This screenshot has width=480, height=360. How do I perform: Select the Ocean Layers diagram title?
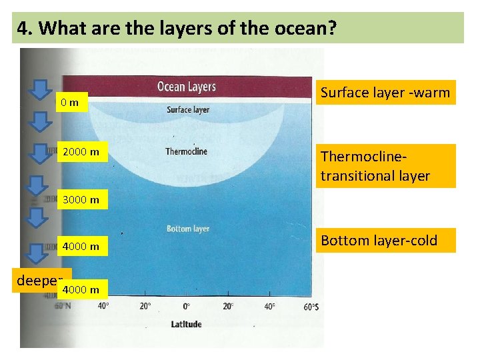click(186, 87)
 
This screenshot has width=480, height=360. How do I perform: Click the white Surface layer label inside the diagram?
click(187, 110)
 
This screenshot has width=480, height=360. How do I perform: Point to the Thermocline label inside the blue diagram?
click(186, 151)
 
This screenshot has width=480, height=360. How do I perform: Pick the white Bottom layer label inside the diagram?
click(187, 229)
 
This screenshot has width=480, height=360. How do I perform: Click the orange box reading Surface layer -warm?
click(385, 93)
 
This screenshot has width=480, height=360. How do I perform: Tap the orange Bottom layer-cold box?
click(379, 240)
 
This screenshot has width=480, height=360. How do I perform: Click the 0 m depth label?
click(69, 103)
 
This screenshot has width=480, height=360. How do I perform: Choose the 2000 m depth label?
click(81, 153)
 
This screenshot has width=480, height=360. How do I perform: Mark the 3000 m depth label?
click(81, 199)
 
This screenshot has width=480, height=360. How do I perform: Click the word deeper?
click(38, 280)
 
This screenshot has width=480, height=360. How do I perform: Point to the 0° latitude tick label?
click(187, 307)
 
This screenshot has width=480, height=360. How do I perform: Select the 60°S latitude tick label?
click(311, 307)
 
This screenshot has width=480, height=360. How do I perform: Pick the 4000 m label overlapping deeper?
click(81, 289)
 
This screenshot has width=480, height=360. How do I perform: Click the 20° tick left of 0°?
click(145, 307)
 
